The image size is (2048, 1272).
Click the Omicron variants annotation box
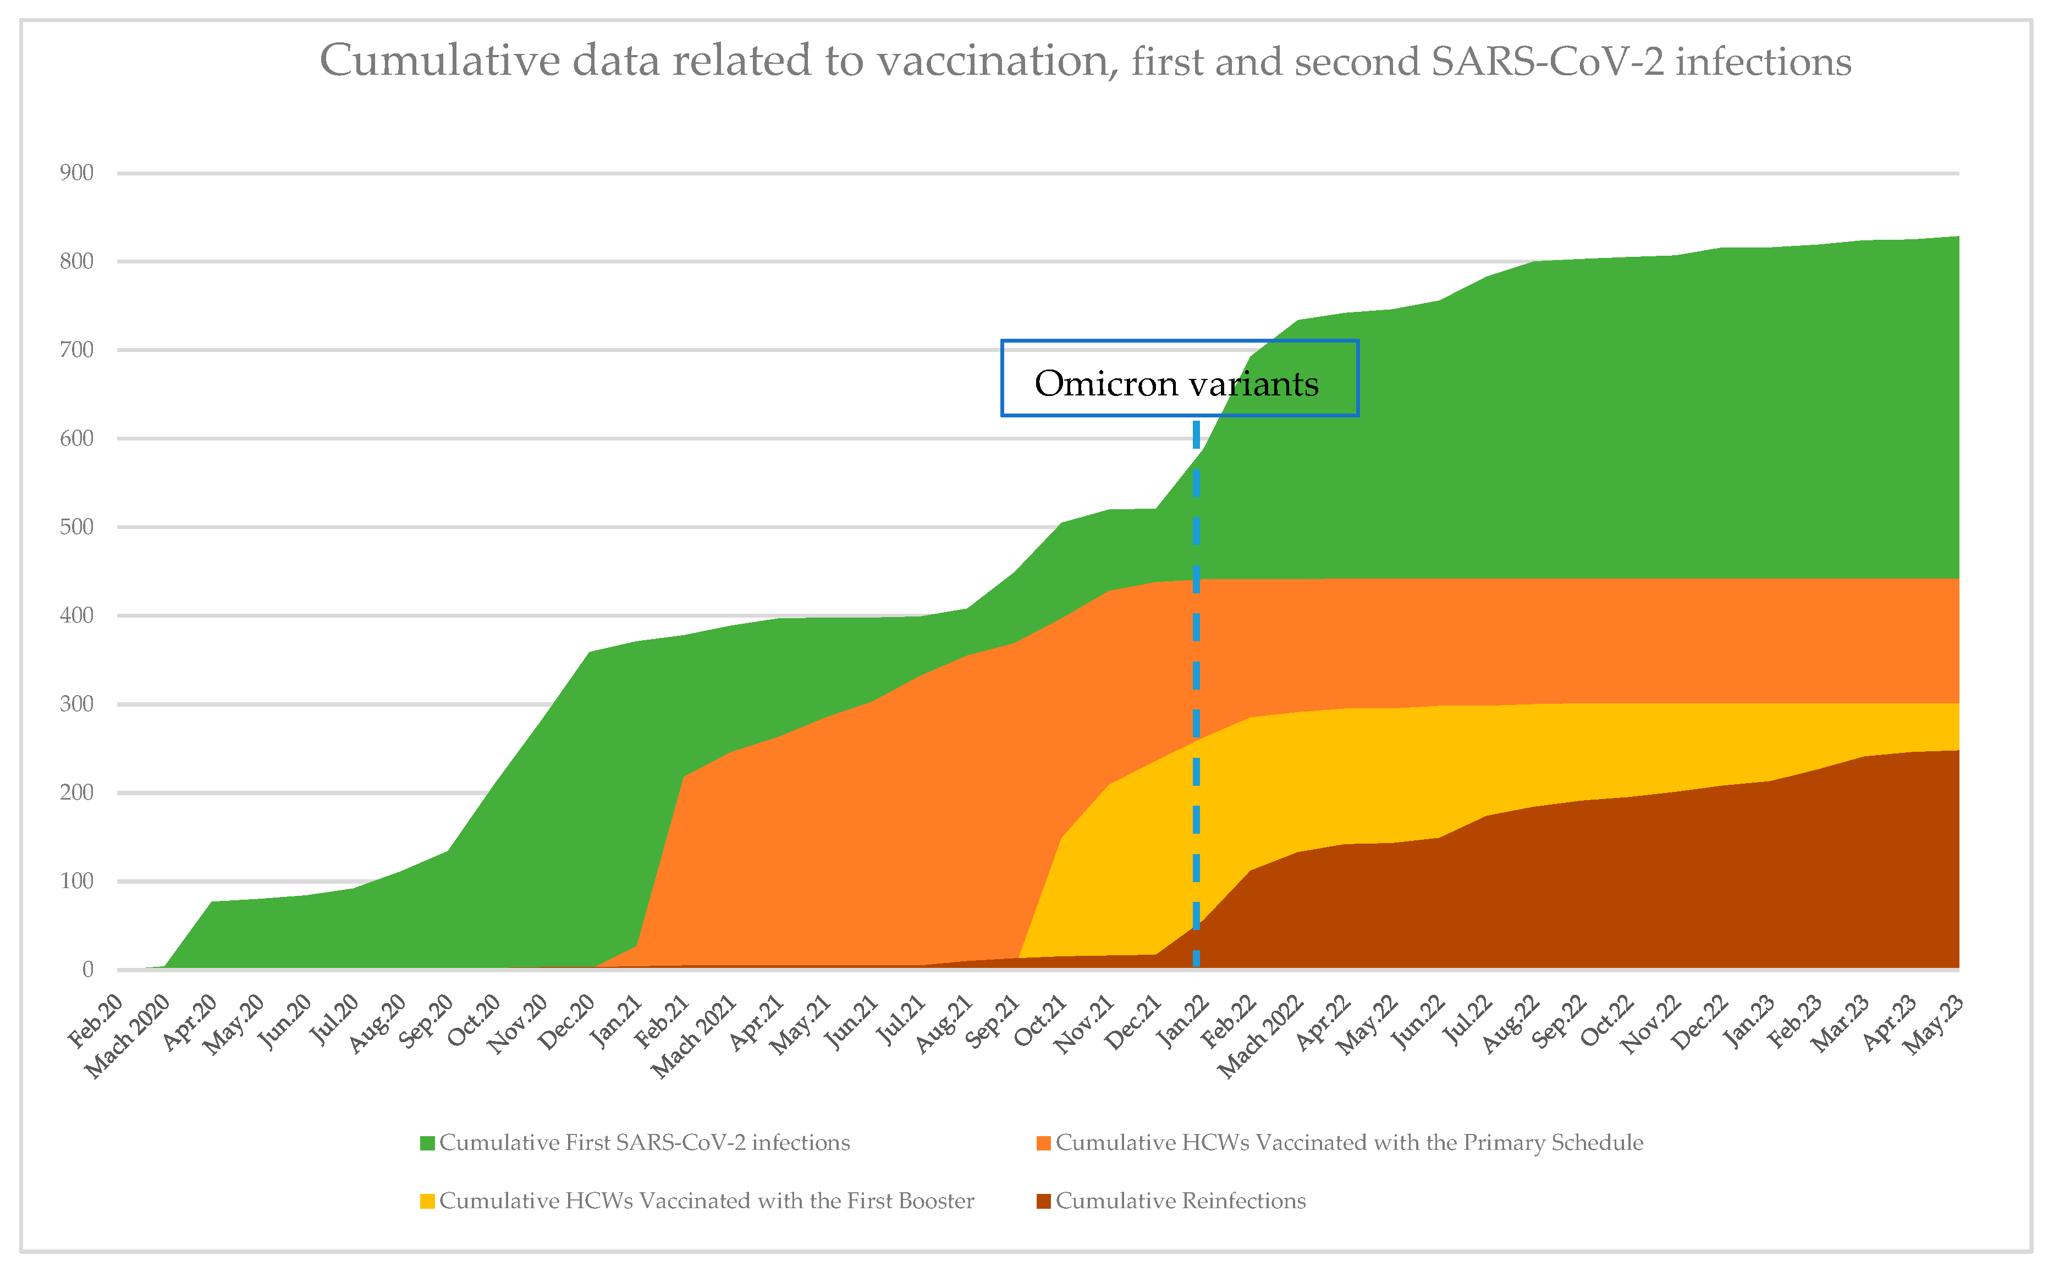1179,378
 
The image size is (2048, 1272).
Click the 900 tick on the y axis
76,173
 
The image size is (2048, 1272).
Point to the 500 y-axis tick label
76,527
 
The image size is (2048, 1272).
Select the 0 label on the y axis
87,970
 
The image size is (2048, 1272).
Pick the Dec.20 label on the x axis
568,1021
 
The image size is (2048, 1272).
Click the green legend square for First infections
427,1143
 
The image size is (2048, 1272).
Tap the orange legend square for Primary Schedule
1044,1143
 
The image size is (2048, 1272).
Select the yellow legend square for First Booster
427,1201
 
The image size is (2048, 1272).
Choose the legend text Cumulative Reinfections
1180,1201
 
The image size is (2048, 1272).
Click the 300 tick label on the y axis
76,704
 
